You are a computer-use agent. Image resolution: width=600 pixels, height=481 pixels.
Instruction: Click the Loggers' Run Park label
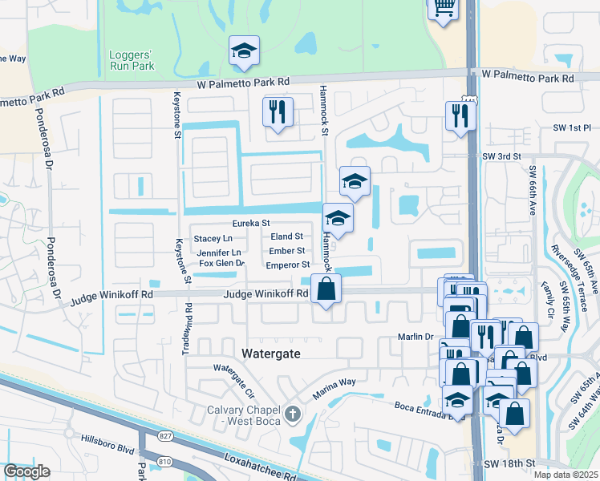(132, 60)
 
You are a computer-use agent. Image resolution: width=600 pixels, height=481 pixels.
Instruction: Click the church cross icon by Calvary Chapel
(294, 414)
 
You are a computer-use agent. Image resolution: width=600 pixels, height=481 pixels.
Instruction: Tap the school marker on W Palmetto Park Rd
(244, 51)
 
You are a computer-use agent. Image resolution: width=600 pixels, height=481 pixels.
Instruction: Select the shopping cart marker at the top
(442, 9)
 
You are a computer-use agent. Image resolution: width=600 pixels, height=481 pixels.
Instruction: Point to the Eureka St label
(249, 224)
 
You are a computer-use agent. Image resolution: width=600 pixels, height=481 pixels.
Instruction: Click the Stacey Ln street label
(213, 239)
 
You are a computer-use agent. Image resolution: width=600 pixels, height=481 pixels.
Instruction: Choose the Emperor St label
(287, 265)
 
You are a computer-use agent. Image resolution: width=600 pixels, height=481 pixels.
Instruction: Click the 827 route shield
(165, 435)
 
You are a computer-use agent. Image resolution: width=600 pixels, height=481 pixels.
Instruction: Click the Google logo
(26, 471)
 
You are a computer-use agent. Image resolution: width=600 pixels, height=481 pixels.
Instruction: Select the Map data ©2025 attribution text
(566, 475)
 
